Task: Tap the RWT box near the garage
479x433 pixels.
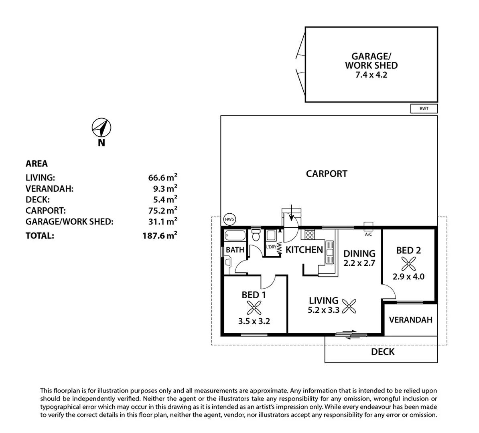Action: pyautogui.click(x=424, y=109)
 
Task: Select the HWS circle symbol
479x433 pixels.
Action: pyautogui.click(x=229, y=219)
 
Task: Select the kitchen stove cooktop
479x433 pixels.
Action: pyautogui.click(x=310, y=234)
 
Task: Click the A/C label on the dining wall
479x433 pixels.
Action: pyautogui.click(x=368, y=235)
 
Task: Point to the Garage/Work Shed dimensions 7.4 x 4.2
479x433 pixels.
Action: pyautogui.click(x=371, y=75)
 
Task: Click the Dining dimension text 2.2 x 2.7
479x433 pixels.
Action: pyautogui.click(x=359, y=263)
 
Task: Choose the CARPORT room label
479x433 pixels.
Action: pyautogui.click(x=327, y=174)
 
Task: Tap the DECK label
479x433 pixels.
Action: pyautogui.click(x=382, y=352)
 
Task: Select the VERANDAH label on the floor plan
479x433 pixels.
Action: pyautogui.click(x=410, y=320)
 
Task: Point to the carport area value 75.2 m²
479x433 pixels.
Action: pyautogui.click(x=162, y=210)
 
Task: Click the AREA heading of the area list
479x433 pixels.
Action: pyautogui.click(x=37, y=164)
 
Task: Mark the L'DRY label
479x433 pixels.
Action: pyautogui.click(x=271, y=247)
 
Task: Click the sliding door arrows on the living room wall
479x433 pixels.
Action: pyautogui.click(x=345, y=334)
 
